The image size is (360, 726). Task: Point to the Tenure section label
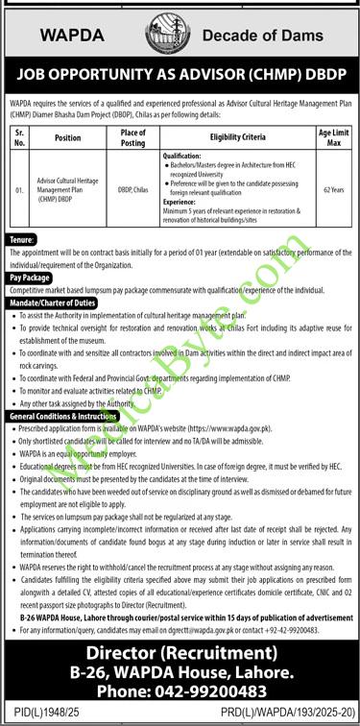tap(22, 237)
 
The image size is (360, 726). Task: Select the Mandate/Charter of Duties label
tap(54, 302)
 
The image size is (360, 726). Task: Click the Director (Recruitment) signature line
tap(180, 653)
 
